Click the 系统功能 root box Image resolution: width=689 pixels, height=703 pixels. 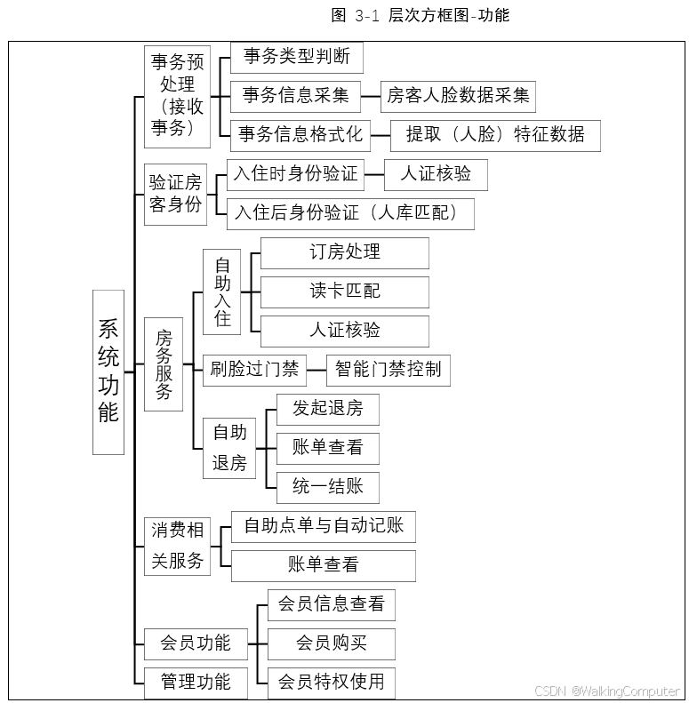pyautogui.click(x=108, y=371)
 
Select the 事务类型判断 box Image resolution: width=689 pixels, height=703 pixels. pyautogui.click(x=297, y=59)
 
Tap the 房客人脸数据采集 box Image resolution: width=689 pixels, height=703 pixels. pyautogui.click(x=458, y=96)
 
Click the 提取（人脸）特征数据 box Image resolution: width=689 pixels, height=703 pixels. pyautogui.click(x=495, y=135)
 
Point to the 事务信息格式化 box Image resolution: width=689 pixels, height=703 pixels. pyautogui.click(x=300, y=135)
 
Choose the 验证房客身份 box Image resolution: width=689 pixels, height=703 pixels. pyautogui.click(x=175, y=195)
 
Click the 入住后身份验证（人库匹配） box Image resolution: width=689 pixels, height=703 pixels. pyautogui.click(x=350, y=213)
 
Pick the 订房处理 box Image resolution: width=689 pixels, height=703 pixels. pyautogui.click(x=344, y=252)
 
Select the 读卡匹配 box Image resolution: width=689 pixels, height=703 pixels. pyautogui.click(x=344, y=292)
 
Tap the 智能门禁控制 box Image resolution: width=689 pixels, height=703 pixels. pyautogui.click(x=388, y=370)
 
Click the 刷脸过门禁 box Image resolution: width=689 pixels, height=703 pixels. pyautogui.click(x=254, y=370)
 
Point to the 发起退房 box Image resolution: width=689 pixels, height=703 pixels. pyautogui.click(x=327, y=409)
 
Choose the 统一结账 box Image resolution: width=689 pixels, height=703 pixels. pyautogui.click(x=327, y=487)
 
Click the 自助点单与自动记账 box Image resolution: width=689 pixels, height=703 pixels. pyautogui.click(x=323, y=526)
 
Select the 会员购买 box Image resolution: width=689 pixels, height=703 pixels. pyautogui.click(x=331, y=643)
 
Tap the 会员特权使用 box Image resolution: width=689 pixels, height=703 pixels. pyautogui.click(x=331, y=682)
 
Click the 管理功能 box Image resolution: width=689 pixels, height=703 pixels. pyautogui.click(x=195, y=682)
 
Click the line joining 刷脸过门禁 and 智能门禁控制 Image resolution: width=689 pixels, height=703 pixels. pyautogui.click(x=316, y=370)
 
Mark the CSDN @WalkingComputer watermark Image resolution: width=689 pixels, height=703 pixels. pyautogui.click(x=607, y=691)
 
